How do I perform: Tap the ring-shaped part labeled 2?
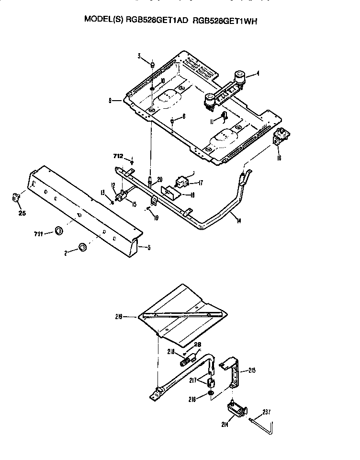[83, 247]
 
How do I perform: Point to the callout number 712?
[118, 156]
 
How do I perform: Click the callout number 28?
[197, 345]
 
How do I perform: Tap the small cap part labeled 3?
[152, 64]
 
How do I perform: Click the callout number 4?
[258, 74]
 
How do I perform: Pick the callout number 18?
[192, 195]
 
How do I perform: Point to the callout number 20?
[159, 180]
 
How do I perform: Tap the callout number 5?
[148, 247]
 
